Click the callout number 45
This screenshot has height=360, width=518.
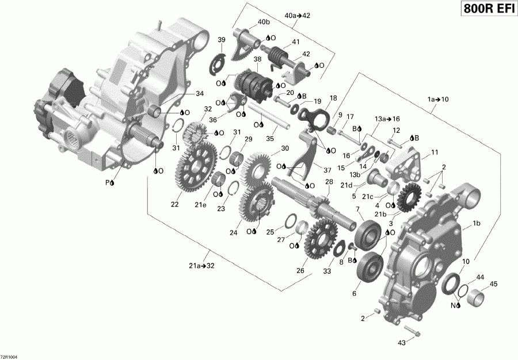493,284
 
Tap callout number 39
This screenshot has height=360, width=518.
221,39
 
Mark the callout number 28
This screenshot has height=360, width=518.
329,182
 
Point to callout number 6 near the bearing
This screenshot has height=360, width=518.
354,293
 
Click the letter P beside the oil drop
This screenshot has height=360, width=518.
106,182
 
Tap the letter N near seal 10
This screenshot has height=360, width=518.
453,305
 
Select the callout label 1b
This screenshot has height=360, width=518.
477,223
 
